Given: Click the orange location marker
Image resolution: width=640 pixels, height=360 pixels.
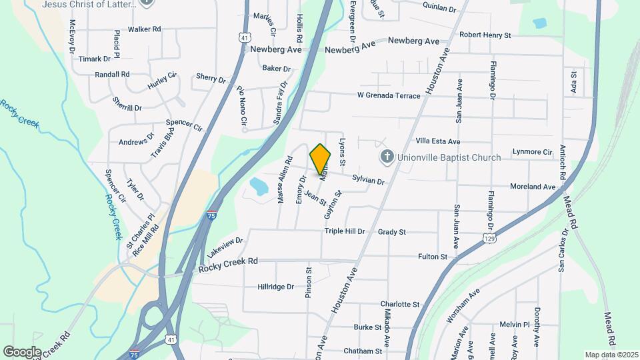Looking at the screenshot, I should [321, 159].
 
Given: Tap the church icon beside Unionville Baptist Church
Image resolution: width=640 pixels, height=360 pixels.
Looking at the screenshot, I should [386, 157].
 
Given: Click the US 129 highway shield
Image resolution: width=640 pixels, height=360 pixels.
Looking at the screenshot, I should [489, 237].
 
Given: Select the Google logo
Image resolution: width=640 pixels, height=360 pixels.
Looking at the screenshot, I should [22, 351].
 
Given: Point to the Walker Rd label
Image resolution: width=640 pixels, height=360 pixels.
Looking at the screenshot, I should [145, 29].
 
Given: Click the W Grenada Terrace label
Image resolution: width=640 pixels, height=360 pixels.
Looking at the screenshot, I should [389, 95].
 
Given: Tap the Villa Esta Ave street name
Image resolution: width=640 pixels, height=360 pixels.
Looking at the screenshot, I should [438, 141].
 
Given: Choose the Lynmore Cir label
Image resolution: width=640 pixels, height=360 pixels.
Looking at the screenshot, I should [533, 153].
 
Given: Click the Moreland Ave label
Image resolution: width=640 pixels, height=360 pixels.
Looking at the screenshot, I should [532, 187].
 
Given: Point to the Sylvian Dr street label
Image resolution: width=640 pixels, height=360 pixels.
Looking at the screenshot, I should [369, 181].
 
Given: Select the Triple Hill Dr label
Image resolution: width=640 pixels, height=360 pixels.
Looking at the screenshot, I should [345, 231].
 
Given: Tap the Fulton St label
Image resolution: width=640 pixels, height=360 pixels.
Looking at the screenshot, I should [432, 257].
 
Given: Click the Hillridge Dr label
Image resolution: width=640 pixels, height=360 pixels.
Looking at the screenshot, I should [275, 287].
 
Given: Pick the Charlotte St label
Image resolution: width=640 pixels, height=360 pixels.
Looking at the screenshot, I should [400, 304].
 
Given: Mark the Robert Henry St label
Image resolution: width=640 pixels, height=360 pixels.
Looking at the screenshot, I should [485, 35].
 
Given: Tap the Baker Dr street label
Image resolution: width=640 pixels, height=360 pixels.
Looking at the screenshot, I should [277, 68].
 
